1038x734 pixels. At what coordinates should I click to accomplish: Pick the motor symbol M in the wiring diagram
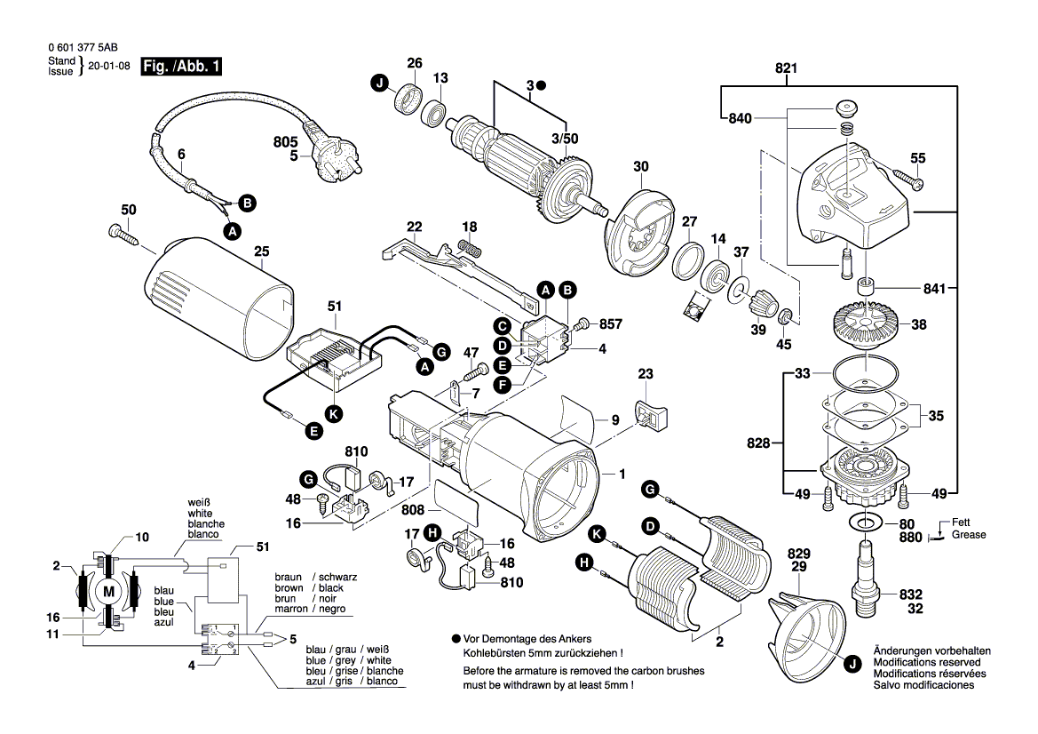(109, 592)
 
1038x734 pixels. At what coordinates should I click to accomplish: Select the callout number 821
(786, 68)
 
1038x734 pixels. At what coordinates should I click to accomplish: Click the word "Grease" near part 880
(969, 535)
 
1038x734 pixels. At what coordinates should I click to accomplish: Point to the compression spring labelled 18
(471, 248)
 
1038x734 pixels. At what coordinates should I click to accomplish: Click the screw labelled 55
(907, 180)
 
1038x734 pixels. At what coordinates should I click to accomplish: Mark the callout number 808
(414, 511)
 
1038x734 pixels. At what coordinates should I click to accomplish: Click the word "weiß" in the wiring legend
(199, 502)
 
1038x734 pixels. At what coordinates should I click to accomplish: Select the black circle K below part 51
(333, 412)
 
